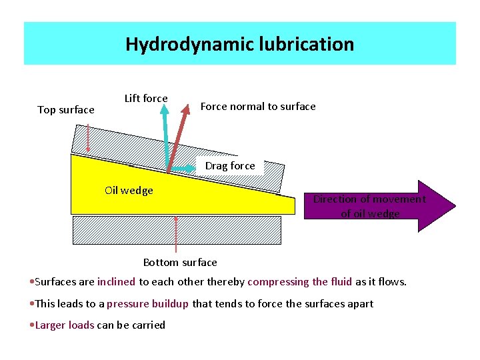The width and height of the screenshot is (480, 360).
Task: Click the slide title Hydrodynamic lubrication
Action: pos(239,44)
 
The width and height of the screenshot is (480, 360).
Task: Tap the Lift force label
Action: pos(146,99)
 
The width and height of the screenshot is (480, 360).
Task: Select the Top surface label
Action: pos(66,110)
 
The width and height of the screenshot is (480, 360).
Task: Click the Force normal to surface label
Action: pos(258,107)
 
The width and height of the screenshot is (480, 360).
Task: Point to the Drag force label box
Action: pos(230,166)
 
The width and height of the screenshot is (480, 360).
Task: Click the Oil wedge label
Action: pos(129,191)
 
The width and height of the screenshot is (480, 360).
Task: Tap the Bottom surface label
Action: pos(180,263)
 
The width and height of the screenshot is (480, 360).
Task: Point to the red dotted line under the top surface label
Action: pos(87,139)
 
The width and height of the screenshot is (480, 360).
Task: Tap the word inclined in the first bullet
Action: pos(116,282)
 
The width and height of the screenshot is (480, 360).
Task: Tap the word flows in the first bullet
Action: pos(392,282)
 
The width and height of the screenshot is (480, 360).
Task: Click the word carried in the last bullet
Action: pos(149,325)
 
